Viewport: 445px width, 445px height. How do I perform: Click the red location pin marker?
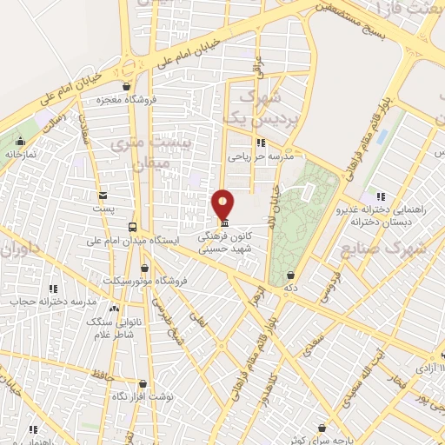(223, 204)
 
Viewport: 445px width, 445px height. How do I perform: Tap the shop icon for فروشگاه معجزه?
(128, 86)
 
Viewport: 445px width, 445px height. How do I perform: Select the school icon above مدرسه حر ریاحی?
(259, 143)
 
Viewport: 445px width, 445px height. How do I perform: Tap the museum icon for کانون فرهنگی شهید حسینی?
(226, 222)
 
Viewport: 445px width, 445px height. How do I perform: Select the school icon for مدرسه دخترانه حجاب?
(53, 289)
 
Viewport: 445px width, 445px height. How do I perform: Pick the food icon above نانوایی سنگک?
(114, 308)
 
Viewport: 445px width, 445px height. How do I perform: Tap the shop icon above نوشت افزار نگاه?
(143, 383)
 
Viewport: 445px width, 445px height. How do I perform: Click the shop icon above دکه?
(289, 274)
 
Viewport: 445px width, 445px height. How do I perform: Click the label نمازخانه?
(23, 154)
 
